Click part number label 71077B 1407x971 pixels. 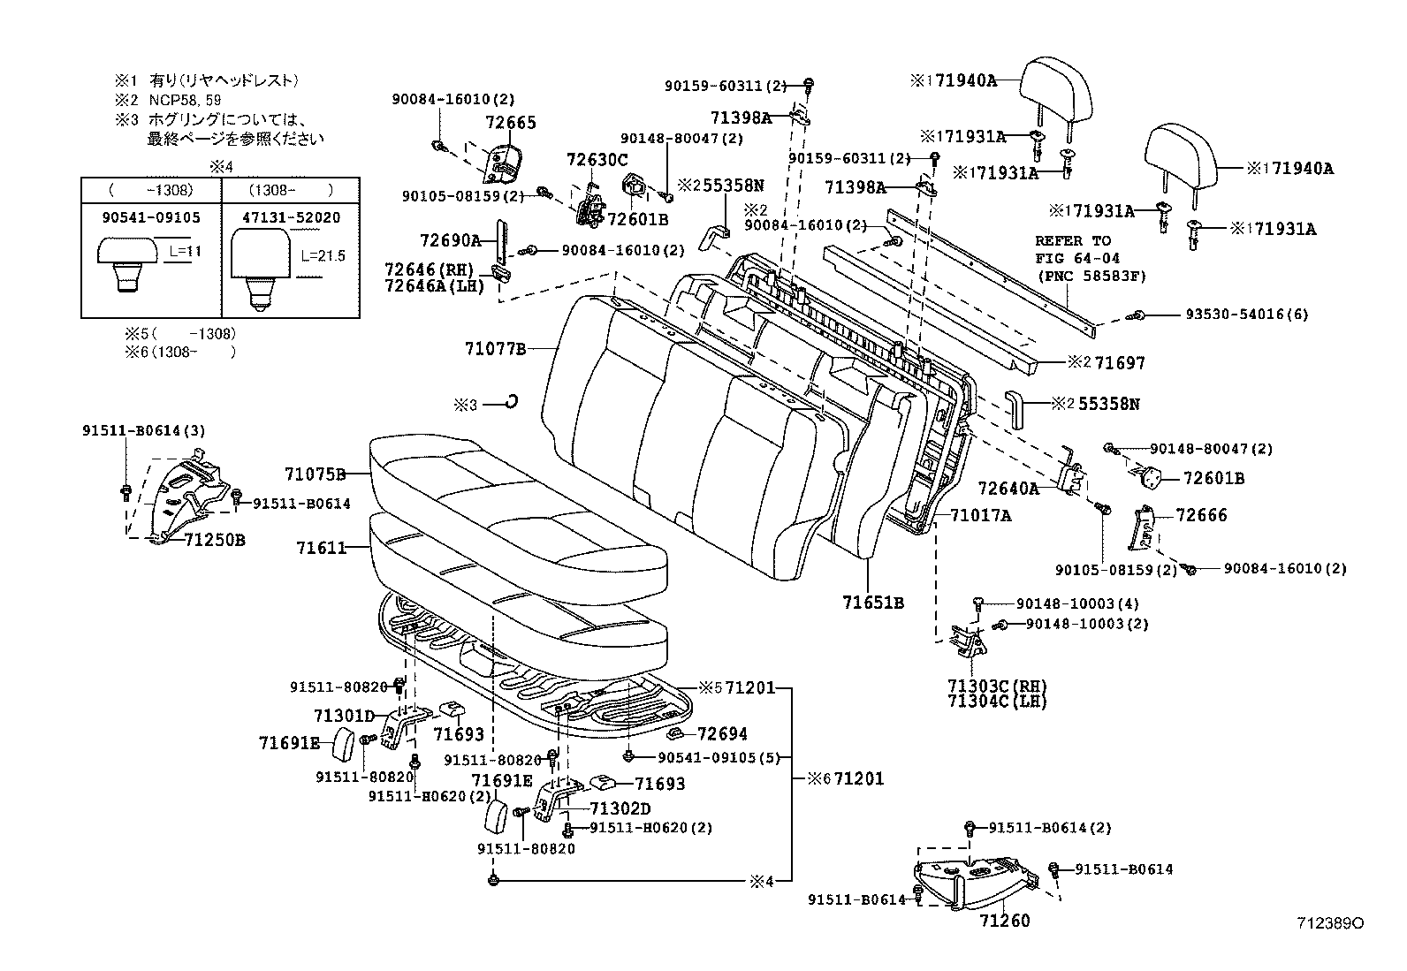click(x=496, y=349)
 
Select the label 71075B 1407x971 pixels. click(x=315, y=474)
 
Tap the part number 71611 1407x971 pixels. click(x=321, y=548)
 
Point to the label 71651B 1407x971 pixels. click(x=872, y=603)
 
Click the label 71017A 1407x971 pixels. click(x=980, y=514)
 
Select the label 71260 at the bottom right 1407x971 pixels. click(x=1004, y=921)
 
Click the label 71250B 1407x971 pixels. click(x=215, y=539)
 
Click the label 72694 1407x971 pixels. click(x=721, y=733)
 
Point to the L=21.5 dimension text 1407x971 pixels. click(x=323, y=256)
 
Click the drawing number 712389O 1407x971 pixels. click(x=1329, y=923)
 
